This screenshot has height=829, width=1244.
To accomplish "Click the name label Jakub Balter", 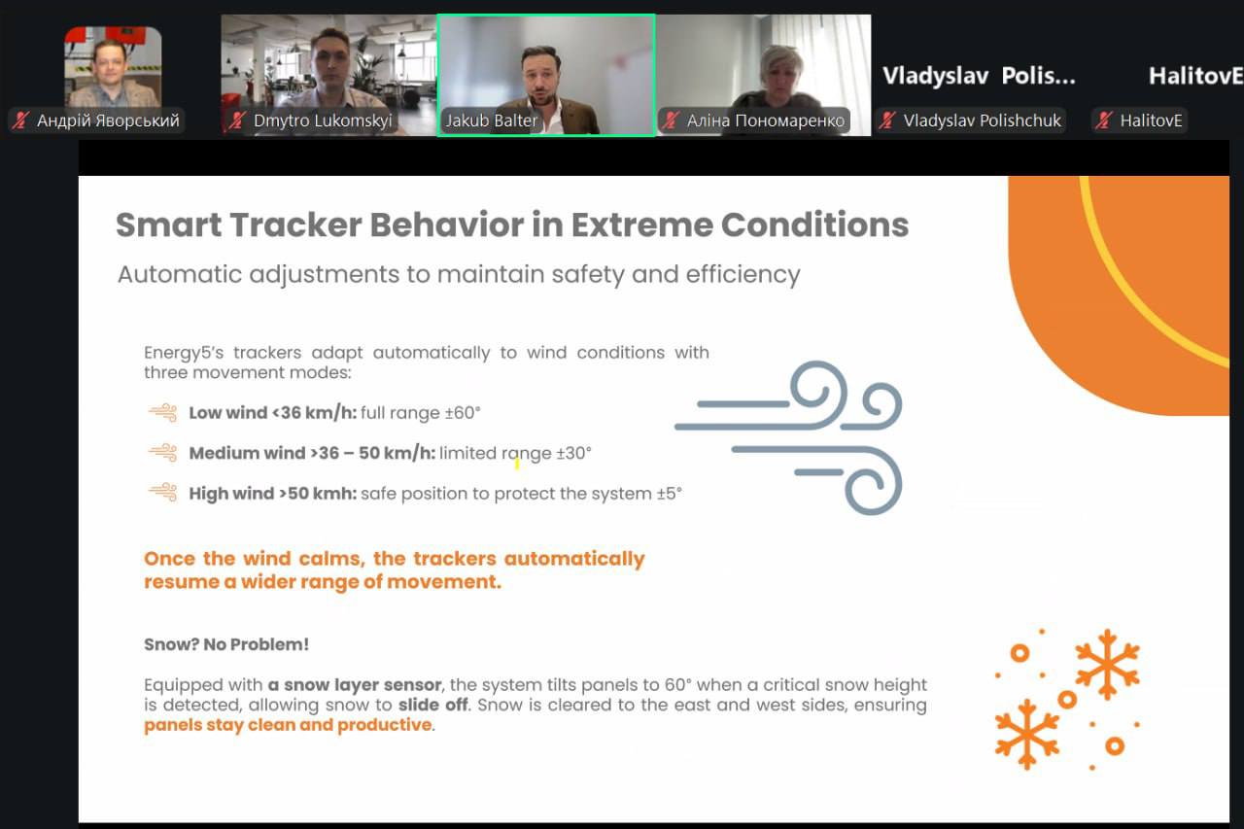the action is (491, 121).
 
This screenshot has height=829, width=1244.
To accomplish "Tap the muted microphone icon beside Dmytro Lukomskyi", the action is (238, 121).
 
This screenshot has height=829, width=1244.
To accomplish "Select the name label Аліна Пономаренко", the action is (765, 121).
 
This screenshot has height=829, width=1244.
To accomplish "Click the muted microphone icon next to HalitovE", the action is (1104, 121).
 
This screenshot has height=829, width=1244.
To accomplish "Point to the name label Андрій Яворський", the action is (108, 121).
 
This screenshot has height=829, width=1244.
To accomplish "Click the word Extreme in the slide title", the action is (641, 225).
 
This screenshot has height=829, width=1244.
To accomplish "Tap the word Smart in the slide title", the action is (169, 225).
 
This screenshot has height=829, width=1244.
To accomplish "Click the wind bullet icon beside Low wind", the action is (162, 413).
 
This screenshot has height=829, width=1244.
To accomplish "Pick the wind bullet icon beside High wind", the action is (162, 493).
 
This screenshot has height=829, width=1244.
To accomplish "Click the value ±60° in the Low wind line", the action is (463, 413).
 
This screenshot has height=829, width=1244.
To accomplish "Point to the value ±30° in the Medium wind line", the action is (573, 453).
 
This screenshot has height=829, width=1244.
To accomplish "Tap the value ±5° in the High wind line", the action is (670, 494).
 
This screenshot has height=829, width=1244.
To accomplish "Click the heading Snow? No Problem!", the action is (226, 644).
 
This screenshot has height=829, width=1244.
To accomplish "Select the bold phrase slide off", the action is (433, 706).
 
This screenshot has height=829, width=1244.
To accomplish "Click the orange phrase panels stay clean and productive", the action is (288, 725).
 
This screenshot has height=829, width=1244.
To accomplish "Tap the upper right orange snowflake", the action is (1107, 664).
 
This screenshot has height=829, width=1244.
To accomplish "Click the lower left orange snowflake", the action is (1027, 734).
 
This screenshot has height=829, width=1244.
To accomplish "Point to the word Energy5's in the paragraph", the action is (184, 353).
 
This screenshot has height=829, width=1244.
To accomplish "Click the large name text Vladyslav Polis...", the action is (979, 76).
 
